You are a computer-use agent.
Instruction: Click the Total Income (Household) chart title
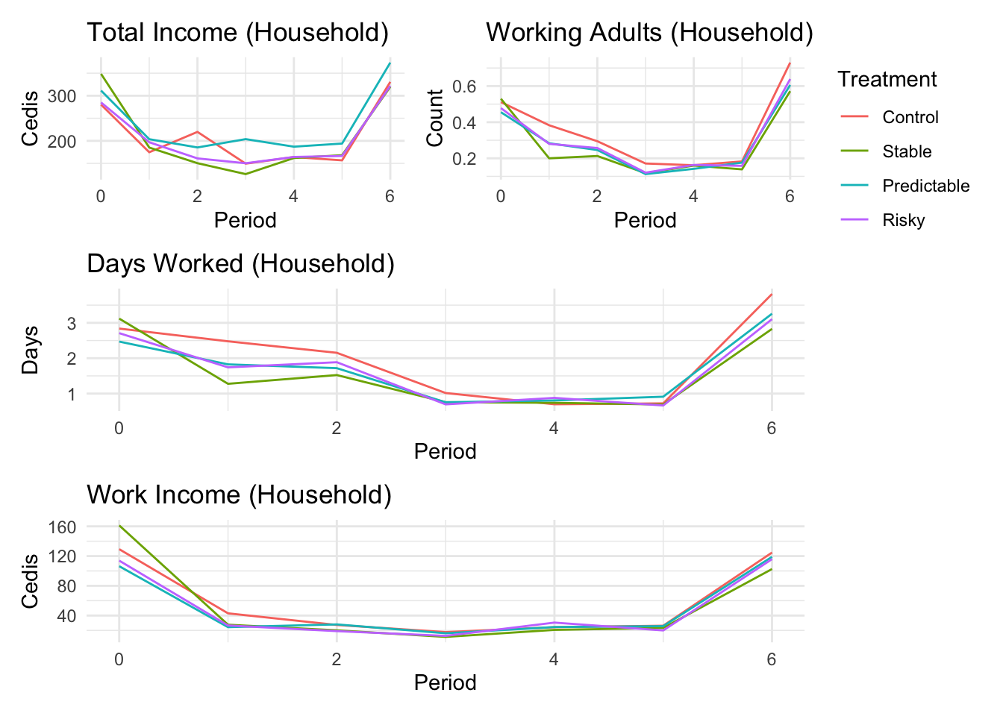click(237, 33)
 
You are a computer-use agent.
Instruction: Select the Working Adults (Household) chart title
click(649, 33)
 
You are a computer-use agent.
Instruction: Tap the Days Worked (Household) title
click(240, 264)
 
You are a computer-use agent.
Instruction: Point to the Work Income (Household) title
click(239, 495)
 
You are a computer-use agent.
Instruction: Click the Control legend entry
click(910, 117)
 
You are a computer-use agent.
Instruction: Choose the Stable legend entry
click(907, 151)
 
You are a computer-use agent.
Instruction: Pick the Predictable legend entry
click(925, 186)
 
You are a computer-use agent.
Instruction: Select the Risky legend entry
click(903, 220)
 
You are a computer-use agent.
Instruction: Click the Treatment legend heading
click(887, 79)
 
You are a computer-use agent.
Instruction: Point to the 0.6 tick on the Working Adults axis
click(464, 87)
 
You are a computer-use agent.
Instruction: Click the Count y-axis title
click(435, 118)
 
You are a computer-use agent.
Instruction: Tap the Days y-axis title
click(31, 350)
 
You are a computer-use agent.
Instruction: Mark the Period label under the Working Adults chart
click(645, 220)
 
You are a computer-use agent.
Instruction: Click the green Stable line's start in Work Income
click(119, 526)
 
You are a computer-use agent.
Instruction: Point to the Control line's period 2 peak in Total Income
click(197, 132)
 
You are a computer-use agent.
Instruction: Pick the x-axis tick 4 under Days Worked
click(554, 428)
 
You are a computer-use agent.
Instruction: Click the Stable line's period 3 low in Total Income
click(246, 174)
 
